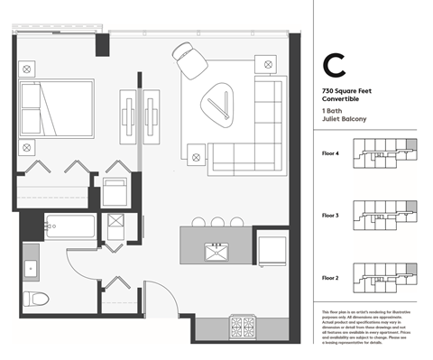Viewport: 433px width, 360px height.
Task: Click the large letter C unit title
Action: (x=334, y=66)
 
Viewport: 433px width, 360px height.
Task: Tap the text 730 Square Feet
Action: (x=344, y=92)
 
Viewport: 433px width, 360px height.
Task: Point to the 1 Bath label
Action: (x=331, y=110)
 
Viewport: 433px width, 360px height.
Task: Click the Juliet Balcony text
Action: (x=340, y=118)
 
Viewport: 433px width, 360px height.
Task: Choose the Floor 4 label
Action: (x=331, y=154)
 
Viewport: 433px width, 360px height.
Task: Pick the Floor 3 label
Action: (x=331, y=216)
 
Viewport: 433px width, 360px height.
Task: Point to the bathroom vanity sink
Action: (x=32, y=266)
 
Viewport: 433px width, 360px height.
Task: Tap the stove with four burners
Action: (x=245, y=326)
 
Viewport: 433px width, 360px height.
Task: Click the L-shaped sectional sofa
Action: (x=257, y=126)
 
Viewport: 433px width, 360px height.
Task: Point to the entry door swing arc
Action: (x=156, y=299)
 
